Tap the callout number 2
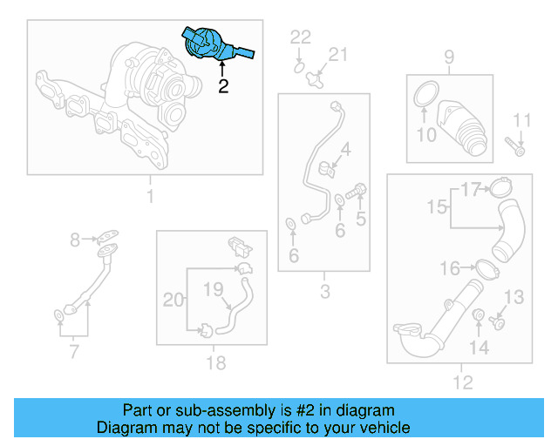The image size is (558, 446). click(223, 86)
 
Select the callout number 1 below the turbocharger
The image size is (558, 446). click(149, 196)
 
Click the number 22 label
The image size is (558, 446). click(300, 37)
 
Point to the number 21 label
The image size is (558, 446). click(337, 55)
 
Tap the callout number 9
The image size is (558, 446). click(448, 58)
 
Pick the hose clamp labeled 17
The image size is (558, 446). click(499, 186)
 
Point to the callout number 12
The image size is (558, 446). click(462, 382)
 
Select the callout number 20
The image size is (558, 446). click(174, 300)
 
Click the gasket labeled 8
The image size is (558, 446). click(107, 235)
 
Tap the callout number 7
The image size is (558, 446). click(73, 352)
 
